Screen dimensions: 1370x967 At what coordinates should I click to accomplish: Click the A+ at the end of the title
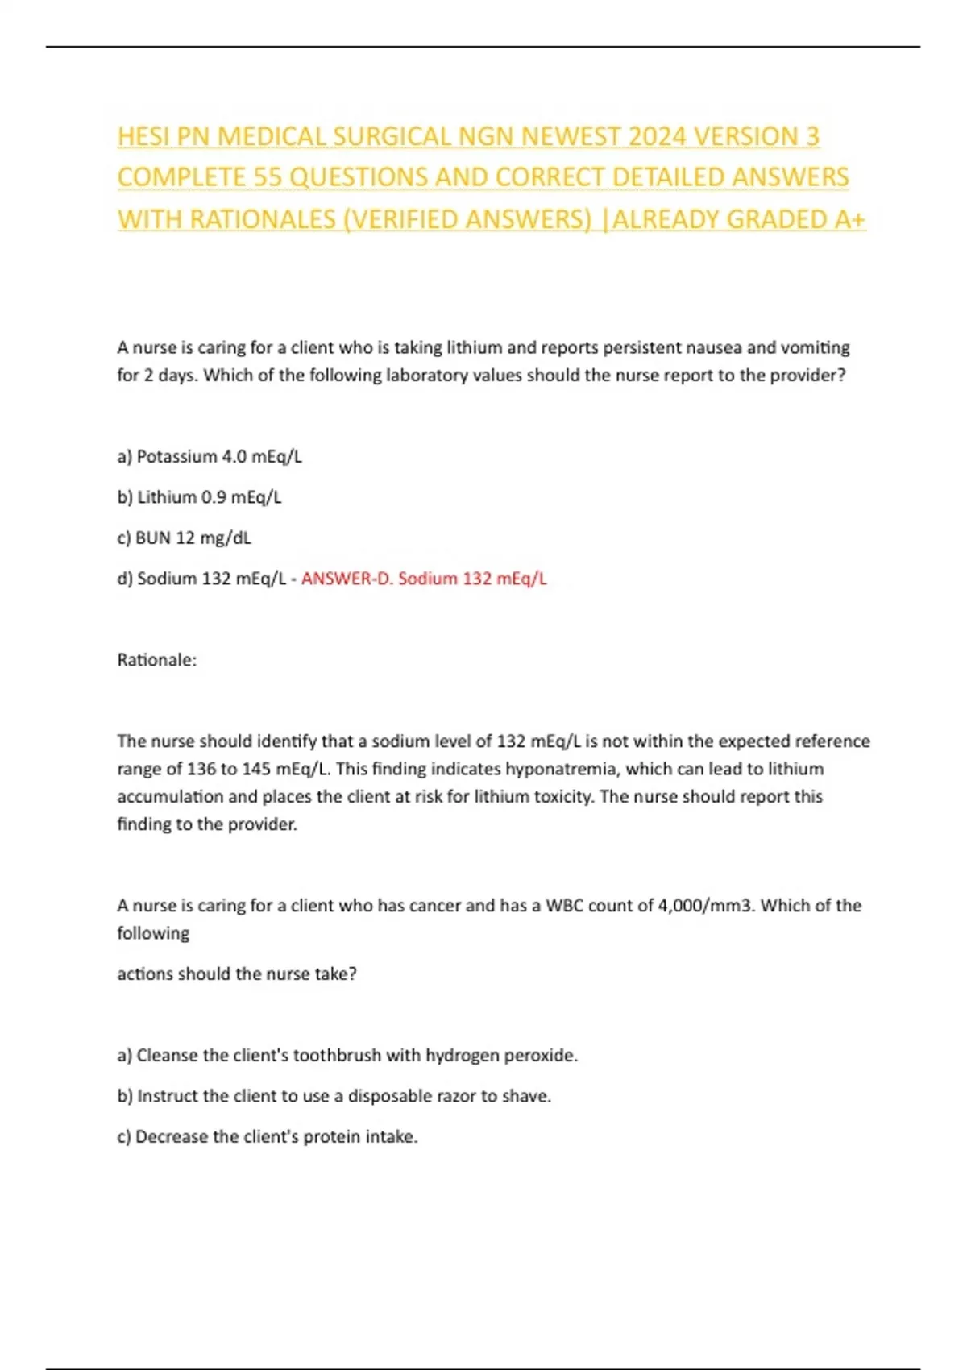[x=849, y=220]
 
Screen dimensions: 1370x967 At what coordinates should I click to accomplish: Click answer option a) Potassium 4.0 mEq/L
[x=210, y=457]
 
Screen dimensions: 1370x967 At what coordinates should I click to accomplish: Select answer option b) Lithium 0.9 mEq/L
[x=200, y=497]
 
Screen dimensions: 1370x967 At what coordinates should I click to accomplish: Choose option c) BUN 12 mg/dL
[x=185, y=538]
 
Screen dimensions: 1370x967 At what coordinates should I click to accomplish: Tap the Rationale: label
[x=157, y=660]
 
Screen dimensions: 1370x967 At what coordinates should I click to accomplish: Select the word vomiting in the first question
[x=815, y=348]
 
